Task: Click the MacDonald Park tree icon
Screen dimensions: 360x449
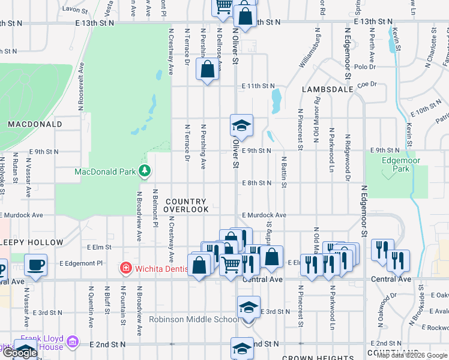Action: point(144,172)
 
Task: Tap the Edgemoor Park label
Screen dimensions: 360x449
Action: point(397,164)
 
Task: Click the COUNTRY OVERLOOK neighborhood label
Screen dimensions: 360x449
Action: point(187,205)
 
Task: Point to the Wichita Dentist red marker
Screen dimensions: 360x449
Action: point(125,266)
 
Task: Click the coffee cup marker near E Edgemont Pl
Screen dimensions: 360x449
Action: point(36,265)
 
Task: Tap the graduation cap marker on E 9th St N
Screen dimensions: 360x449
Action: point(241,126)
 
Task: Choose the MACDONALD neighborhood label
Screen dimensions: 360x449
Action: point(35,124)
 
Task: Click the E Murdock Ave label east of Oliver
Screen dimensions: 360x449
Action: point(264,215)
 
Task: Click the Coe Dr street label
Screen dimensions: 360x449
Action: point(366,85)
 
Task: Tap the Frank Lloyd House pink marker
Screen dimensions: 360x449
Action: point(73,342)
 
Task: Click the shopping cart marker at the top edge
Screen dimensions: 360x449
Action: point(224,6)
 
